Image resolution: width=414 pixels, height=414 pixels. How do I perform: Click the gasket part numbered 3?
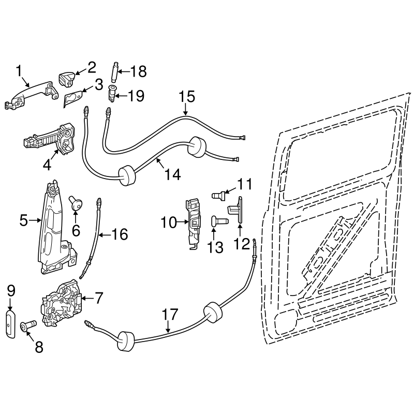(74, 99)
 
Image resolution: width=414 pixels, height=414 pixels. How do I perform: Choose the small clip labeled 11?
(220, 195)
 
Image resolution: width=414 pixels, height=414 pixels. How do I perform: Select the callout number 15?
(186, 96)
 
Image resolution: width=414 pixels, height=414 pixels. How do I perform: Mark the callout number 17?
(170, 314)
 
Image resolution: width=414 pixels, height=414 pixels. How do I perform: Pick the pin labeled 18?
(114, 72)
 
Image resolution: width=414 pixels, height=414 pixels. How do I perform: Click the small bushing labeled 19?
(111, 95)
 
